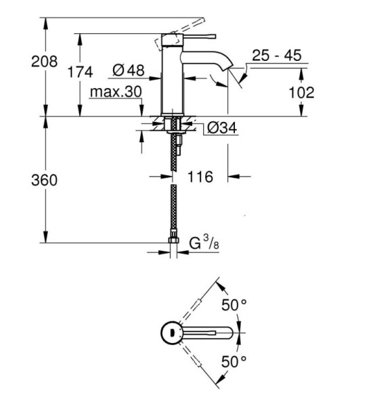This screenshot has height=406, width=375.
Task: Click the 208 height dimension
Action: [x=44, y=62]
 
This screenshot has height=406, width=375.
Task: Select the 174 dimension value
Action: [x=80, y=72]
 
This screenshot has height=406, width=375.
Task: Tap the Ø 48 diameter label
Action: [x=129, y=70]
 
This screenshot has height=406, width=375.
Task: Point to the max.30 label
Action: [x=116, y=91]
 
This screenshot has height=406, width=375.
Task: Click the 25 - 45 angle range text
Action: [x=277, y=55]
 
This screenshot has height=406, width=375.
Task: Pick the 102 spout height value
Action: [x=301, y=93]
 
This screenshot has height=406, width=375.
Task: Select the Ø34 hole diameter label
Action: [x=222, y=128]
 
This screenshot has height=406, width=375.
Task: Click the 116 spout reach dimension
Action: [x=200, y=177]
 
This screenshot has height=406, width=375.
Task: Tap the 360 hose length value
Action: [x=44, y=180]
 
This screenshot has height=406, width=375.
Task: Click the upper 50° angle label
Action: [x=234, y=304]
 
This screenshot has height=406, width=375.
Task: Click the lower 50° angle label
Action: [x=234, y=361]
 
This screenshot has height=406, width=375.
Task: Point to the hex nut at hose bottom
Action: [x=173, y=240]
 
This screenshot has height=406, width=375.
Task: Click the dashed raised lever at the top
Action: [x=180, y=32]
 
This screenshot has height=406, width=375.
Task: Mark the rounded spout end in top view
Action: [x=229, y=333]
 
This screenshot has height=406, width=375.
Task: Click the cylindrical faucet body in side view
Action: [x=172, y=74]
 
